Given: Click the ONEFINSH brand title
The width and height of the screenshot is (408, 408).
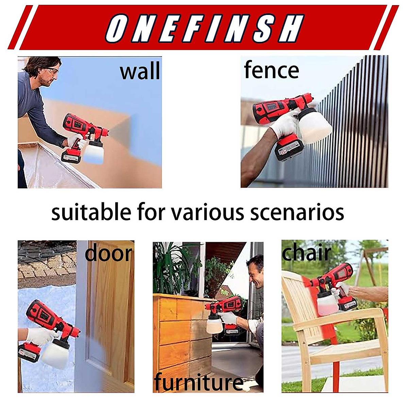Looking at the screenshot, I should pos(204,28).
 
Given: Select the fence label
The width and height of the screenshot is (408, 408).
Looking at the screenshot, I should pos(271,70).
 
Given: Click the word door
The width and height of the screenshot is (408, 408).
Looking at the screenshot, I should pos(108,254).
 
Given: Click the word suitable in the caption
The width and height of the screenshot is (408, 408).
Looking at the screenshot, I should pos(91,212).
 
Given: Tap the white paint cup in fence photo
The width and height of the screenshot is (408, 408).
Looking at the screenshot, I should pos(314,126).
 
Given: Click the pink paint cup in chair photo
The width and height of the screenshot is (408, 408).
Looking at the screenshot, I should pos(327,303).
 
